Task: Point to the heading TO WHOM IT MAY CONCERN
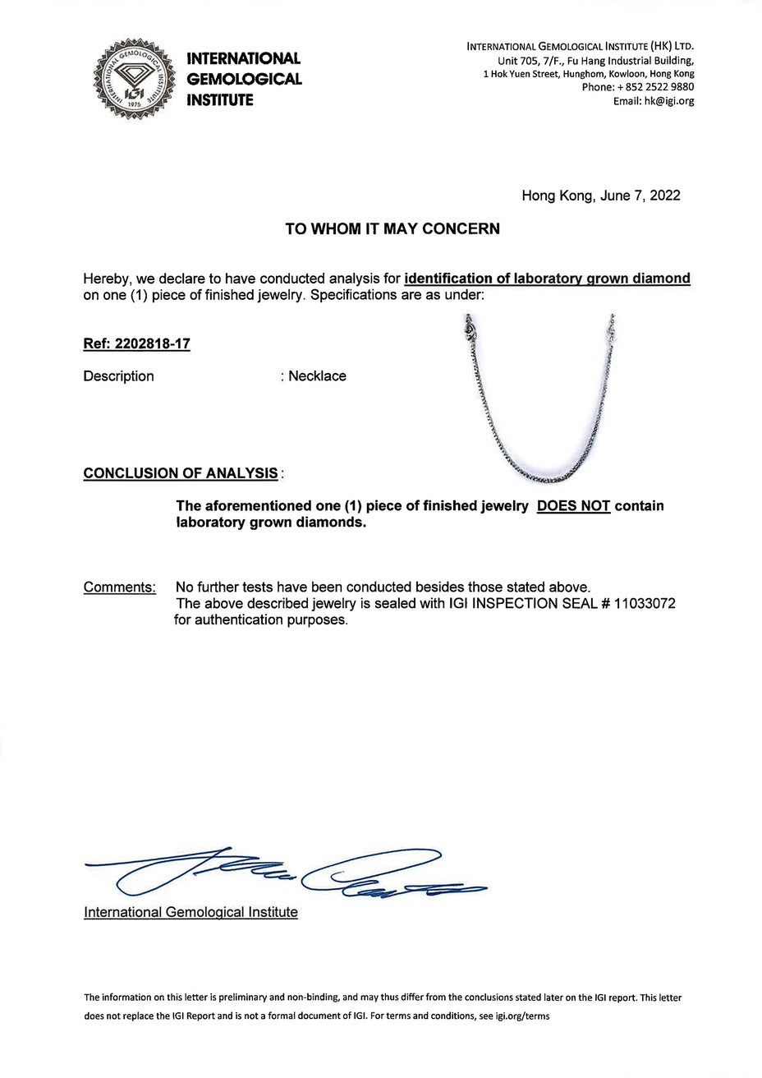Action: [x=392, y=229]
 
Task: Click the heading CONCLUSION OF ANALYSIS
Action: [x=181, y=473]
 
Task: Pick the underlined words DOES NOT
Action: [x=573, y=506]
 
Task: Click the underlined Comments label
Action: [x=120, y=587]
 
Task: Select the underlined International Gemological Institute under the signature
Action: [x=190, y=912]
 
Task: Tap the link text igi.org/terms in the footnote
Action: [x=519, y=1016]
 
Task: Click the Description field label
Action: [x=118, y=376]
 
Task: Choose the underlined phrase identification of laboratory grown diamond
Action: [x=548, y=279]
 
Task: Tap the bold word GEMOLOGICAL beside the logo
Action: [x=245, y=80]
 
